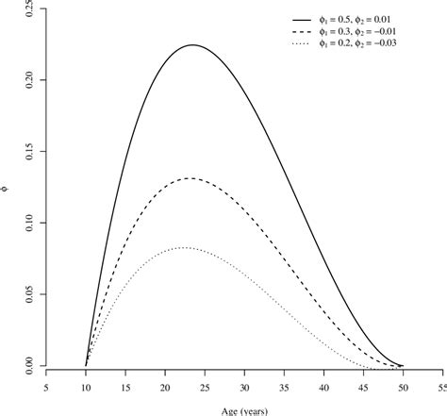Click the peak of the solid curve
192,45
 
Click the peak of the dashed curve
190,178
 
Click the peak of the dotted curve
183,248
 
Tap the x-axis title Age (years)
244,408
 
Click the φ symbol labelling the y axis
8,188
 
